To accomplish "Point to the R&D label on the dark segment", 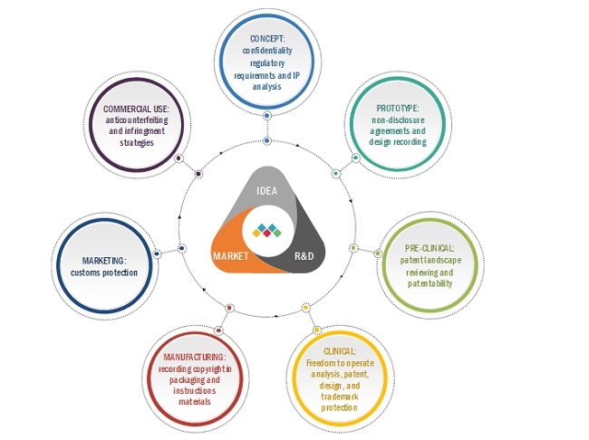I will point(303,256).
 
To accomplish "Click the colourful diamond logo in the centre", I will point(266,230).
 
